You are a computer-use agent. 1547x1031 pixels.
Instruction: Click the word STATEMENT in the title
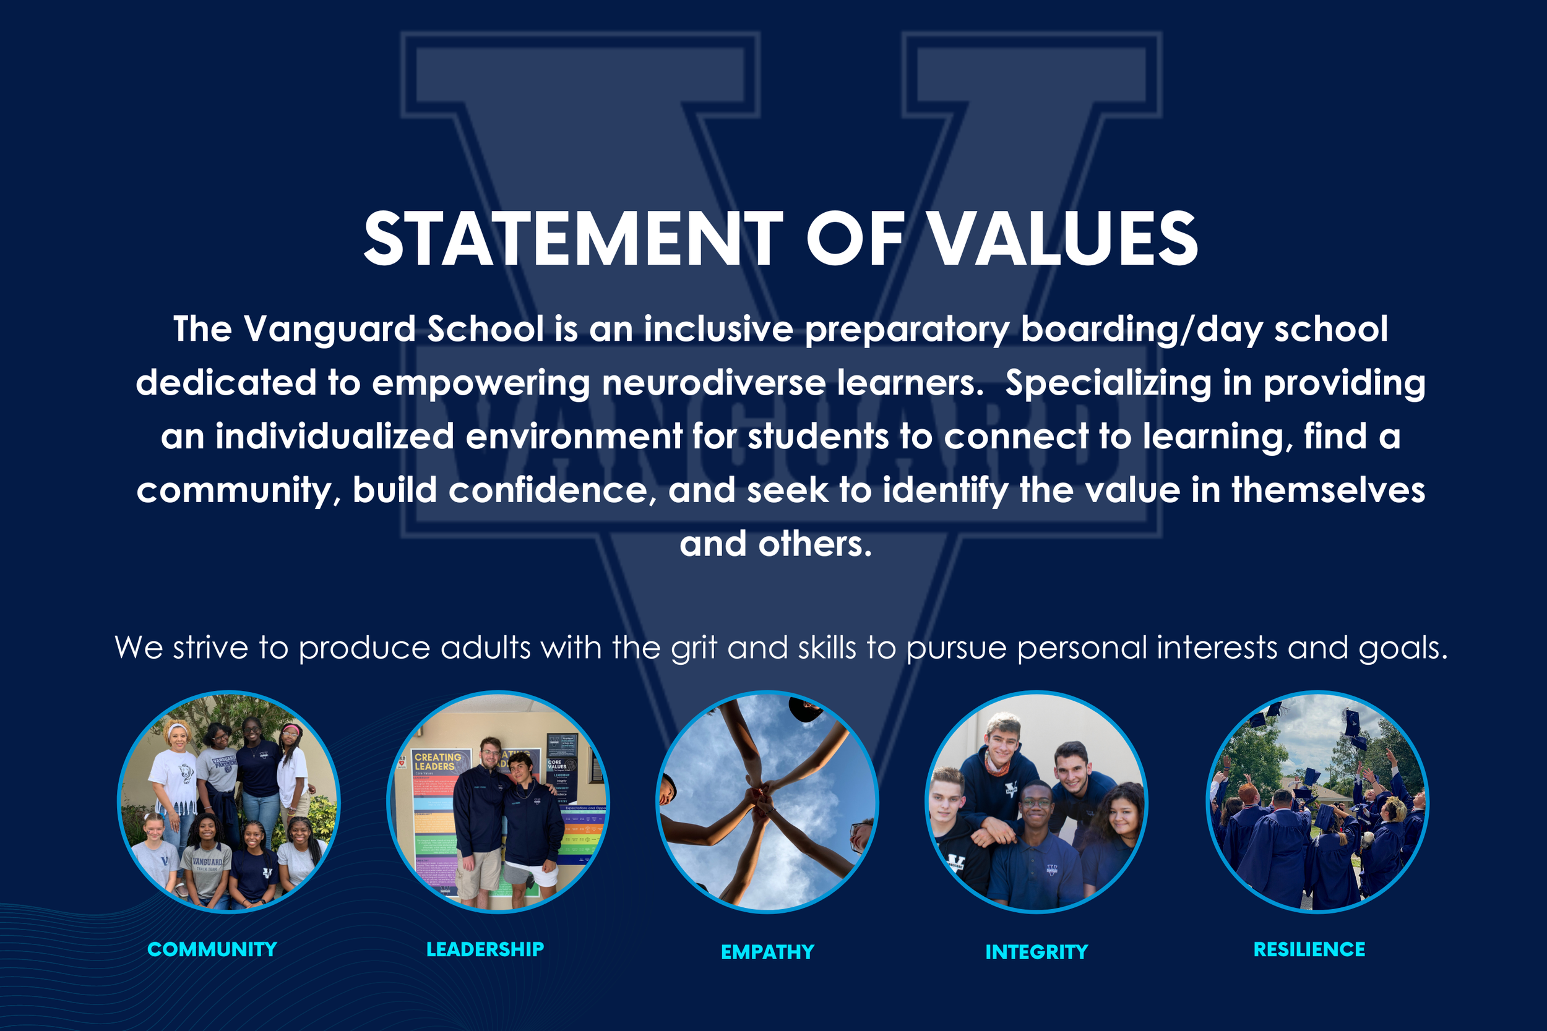click(572, 239)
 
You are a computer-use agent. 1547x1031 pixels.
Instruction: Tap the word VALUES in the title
click(1064, 239)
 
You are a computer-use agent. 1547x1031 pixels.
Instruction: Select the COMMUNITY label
click(212, 949)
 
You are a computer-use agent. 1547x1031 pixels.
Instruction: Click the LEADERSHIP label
click(485, 949)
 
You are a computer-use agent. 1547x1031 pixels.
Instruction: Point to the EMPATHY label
click(767, 951)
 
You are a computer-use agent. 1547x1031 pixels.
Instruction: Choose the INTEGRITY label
click(1036, 951)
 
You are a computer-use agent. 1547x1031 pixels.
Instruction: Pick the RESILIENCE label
click(1309, 949)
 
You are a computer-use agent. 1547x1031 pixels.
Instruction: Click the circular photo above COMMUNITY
click(228, 802)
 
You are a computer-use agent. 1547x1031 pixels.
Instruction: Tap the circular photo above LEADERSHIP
click(498, 802)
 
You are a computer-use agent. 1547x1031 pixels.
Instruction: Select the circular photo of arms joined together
click(767, 802)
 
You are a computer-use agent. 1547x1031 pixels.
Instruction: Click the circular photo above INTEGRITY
click(1036, 802)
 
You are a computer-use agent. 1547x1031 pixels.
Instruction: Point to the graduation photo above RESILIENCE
click(1317, 802)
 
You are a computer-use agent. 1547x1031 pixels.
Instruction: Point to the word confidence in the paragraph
click(552, 490)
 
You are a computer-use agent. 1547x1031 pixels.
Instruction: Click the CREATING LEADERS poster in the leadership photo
click(437, 762)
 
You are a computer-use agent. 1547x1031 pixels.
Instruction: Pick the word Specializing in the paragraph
click(1108, 383)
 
